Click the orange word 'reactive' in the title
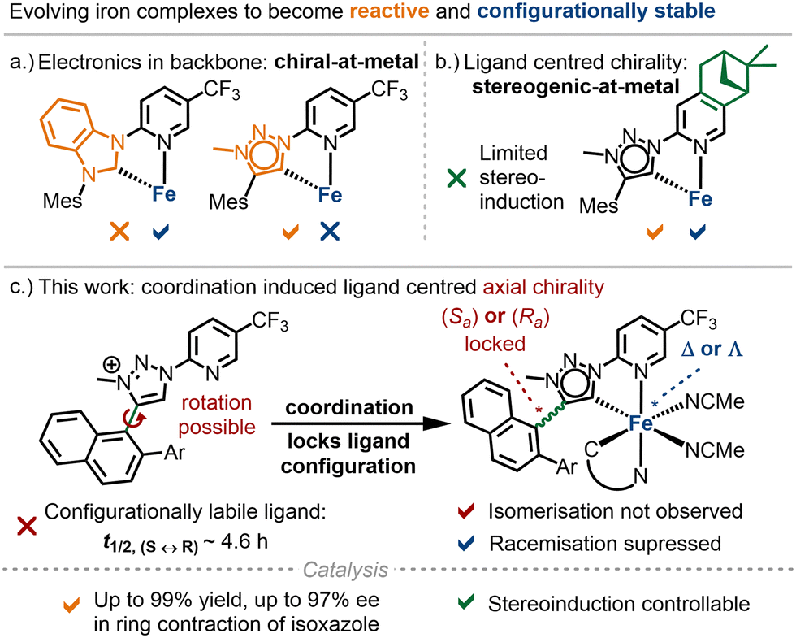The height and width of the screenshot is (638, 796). tap(389, 11)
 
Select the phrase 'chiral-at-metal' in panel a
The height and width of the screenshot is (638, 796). tap(346, 62)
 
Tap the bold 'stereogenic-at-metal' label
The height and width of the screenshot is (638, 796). tap(576, 87)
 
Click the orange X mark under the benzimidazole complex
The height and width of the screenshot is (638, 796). tap(120, 232)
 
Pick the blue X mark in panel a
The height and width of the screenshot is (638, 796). tap(330, 232)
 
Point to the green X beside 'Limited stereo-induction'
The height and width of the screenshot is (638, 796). tap(456, 178)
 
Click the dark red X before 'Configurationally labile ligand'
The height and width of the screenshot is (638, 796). tap(26, 527)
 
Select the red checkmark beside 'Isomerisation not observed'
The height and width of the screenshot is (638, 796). tap(465, 510)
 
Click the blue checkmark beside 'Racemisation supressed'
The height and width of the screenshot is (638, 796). tap(465, 543)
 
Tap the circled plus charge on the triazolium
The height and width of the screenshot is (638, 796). tap(112, 365)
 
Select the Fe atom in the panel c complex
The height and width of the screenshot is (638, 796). tap(640, 423)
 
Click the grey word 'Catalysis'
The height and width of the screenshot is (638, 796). tap(345, 570)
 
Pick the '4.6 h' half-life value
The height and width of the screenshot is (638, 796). tap(244, 541)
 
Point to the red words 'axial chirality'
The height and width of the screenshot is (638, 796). tap(543, 287)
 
